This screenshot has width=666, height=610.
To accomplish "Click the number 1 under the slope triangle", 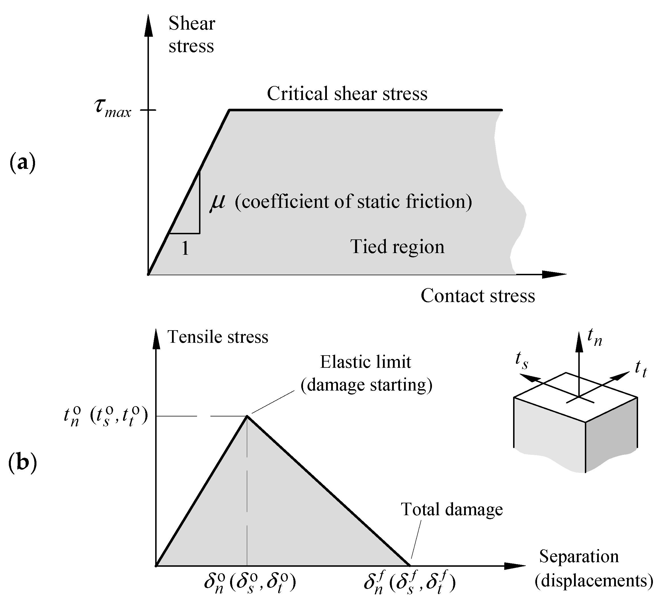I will pyautogui.click(x=185, y=248).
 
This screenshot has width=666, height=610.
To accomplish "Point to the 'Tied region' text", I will pyautogui.click(x=397, y=247).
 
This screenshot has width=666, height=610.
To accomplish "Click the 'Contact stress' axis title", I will pyautogui.click(x=478, y=295).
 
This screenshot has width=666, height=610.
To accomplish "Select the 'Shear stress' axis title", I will pyautogui.click(x=192, y=34).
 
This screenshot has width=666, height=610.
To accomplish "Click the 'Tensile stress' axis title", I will pyautogui.click(x=218, y=337).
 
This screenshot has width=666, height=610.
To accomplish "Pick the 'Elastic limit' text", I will pyautogui.click(x=365, y=362).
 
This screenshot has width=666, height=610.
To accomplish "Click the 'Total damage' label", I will pyautogui.click(x=452, y=509).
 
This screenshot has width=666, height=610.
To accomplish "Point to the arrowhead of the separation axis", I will pyautogui.click(x=515, y=566).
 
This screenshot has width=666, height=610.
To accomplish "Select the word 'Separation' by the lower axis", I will pyautogui.click(x=579, y=556).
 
